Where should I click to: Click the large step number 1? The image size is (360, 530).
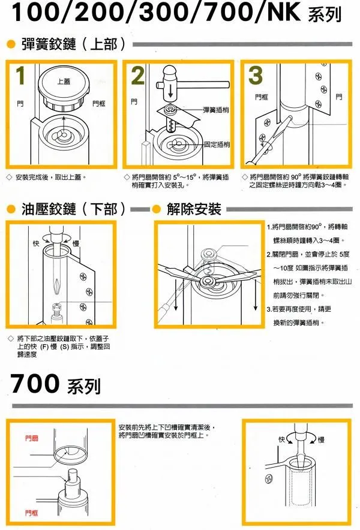[x=20, y=76]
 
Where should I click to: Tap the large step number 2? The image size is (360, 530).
[x=137, y=76]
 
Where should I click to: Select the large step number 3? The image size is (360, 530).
[x=256, y=76]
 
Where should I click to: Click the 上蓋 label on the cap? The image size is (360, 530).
[x=64, y=81]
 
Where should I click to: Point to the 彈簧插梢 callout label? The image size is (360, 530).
[x=215, y=110]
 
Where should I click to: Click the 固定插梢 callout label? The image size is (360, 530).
[x=217, y=144]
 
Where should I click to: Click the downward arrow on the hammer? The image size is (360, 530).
[x=170, y=90]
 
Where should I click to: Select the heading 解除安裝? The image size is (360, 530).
[x=194, y=209]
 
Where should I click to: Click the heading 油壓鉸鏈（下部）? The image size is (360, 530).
[x=73, y=209]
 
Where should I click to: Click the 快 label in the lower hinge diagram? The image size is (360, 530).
[x=36, y=243]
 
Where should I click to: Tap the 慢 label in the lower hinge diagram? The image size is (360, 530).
[x=76, y=243]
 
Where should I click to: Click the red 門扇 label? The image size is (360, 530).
[x=31, y=438]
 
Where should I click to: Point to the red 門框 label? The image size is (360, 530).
[x=31, y=513]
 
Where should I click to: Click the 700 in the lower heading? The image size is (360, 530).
[x=35, y=383]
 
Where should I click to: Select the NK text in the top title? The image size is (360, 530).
[x=284, y=12]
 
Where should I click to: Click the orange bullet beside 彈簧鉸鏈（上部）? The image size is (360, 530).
[x=11, y=44]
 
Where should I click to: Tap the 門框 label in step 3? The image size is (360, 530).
[x=262, y=97]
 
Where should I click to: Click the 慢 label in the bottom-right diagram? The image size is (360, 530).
[x=321, y=439]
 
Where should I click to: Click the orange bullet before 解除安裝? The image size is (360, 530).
[x=156, y=209]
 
